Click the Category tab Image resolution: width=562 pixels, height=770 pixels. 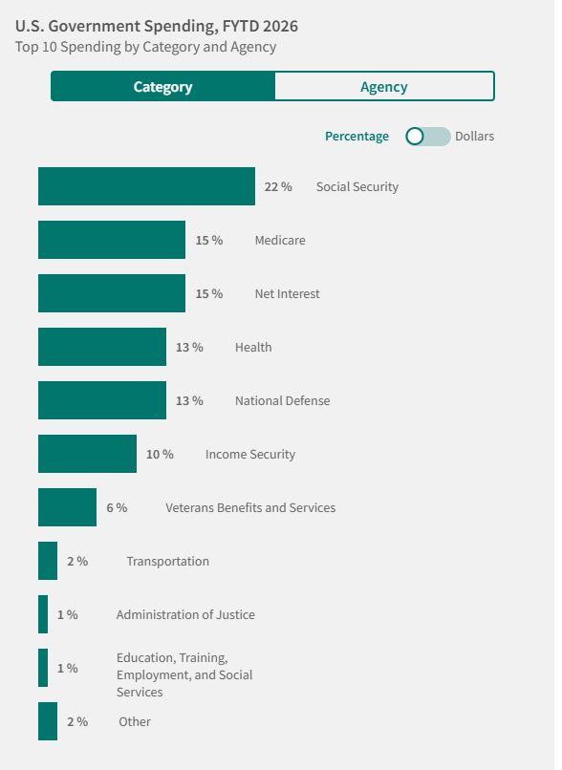pyautogui.click(x=162, y=86)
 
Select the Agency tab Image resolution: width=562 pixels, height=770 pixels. pyautogui.click(x=384, y=86)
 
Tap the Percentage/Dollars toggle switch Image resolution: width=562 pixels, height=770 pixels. pyautogui.click(x=427, y=137)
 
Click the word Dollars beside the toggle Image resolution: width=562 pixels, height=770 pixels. pyautogui.click(x=474, y=136)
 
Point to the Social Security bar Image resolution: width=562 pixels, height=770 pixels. pyautogui.click(x=146, y=186)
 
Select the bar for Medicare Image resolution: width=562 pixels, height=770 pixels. pyautogui.click(x=112, y=240)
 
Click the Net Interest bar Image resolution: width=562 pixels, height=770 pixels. pyautogui.click(x=112, y=293)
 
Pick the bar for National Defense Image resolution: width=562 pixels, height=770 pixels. pyautogui.click(x=102, y=400)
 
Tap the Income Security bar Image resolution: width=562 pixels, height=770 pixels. pyautogui.click(x=87, y=454)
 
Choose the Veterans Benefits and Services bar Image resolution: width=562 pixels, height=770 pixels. pyautogui.click(x=67, y=507)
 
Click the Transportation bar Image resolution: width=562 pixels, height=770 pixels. pyautogui.click(x=48, y=561)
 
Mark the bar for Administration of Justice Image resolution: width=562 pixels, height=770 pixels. pyautogui.click(x=43, y=614)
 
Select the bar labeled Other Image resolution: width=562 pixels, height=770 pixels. pyautogui.click(x=48, y=721)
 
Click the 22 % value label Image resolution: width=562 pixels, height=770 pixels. pyautogui.click(x=278, y=186)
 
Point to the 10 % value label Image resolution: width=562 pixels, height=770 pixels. pyautogui.click(x=160, y=454)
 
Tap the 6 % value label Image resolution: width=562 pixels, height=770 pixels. pyautogui.click(x=117, y=508)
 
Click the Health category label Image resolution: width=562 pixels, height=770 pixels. pyautogui.click(x=253, y=347)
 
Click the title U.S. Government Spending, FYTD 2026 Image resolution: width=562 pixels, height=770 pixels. pyautogui.click(x=156, y=26)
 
